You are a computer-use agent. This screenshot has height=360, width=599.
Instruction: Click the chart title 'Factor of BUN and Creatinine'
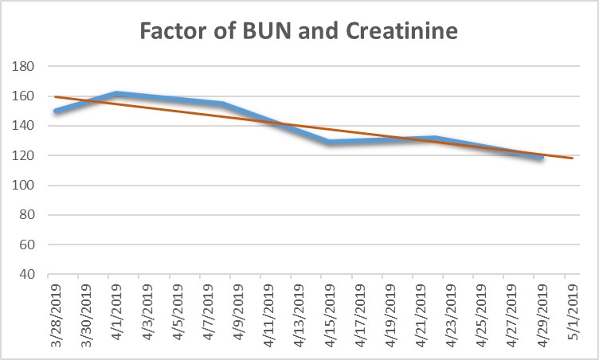299,33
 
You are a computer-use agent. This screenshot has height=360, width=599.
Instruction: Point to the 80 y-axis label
28,214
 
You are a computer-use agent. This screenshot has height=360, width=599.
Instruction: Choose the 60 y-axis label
28,245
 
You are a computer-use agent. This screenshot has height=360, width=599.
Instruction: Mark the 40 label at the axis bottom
28,274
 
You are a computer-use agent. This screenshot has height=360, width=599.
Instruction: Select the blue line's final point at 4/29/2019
542,157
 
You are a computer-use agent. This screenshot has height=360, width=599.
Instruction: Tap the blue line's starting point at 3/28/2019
56,112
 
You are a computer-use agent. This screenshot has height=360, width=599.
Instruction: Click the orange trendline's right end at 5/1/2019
571,158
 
